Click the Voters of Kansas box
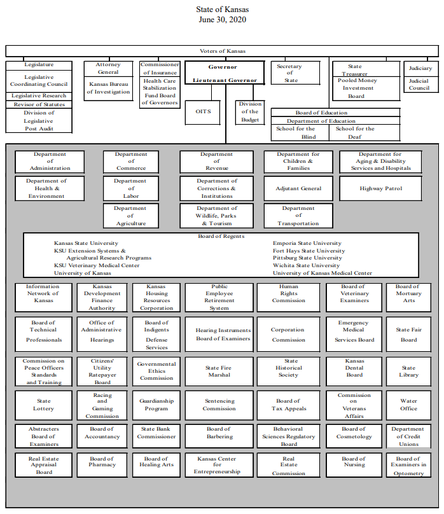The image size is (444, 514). (x=222, y=51)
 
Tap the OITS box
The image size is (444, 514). (x=203, y=111)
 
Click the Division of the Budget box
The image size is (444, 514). (x=250, y=112)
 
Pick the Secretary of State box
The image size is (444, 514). (x=291, y=74)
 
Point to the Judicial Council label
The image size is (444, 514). (x=419, y=85)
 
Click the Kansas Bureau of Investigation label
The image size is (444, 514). (x=108, y=88)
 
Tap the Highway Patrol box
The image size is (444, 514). (x=381, y=188)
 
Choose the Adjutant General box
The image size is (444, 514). (x=298, y=188)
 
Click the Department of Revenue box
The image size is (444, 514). (x=217, y=161)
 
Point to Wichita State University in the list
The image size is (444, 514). (x=307, y=265)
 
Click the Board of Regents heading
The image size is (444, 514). (x=221, y=236)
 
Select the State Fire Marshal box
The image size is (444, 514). (x=217, y=372)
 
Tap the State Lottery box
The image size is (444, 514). (x=44, y=405)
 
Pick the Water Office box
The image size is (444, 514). (x=408, y=405)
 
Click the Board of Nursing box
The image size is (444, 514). (x=354, y=462)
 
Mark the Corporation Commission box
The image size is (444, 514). (x=288, y=335)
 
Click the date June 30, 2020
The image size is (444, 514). (x=222, y=20)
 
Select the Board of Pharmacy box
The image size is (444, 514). (x=102, y=462)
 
